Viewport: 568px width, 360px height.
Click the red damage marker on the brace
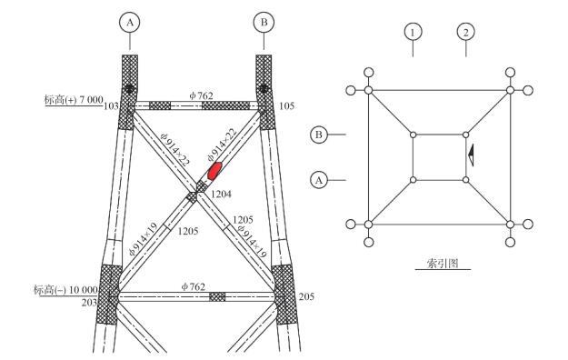(214, 171)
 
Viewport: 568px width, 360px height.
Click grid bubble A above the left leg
(130, 23)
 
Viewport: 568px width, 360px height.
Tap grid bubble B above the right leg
(264, 23)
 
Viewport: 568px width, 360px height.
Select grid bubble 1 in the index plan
(413, 32)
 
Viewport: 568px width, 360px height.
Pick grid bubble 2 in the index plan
(466, 32)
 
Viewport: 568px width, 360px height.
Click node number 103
(111, 106)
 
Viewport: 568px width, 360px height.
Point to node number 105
(287, 106)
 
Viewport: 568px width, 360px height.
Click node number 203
(89, 303)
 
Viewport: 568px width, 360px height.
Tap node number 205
(306, 296)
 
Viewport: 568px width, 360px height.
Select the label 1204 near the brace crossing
(221, 195)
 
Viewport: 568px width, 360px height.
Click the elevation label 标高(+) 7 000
(74, 100)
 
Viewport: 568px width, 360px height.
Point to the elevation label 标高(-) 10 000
(65, 290)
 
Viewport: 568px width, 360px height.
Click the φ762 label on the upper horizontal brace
(202, 95)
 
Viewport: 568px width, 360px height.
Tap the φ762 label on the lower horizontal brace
(194, 286)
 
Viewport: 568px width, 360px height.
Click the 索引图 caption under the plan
(443, 264)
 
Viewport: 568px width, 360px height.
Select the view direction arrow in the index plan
(472, 155)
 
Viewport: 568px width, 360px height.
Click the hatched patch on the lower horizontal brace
(217, 297)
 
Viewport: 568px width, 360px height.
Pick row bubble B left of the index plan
(319, 135)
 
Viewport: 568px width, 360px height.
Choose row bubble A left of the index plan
(319, 180)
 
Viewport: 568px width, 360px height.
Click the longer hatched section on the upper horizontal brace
(225, 105)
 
